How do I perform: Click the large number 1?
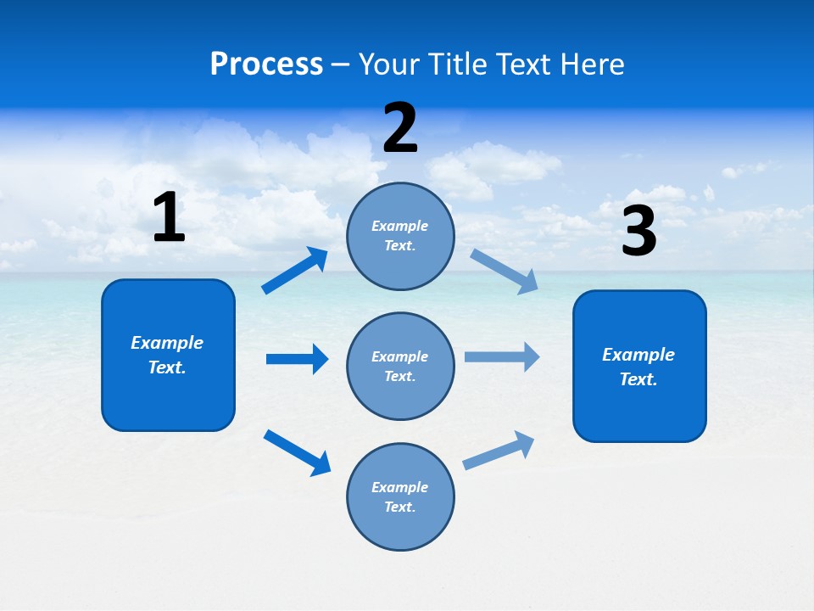pyautogui.click(x=169, y=218)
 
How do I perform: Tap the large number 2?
pyautogui.click(x=400, y=128)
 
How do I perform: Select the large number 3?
pyautogui.click(x=638, y=232)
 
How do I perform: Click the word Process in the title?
pyautogui.click(x=266, y=64)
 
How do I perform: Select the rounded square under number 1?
pyautogui.click(x=168, y=355)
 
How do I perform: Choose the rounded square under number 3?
pyautogui.click(x=639, y=366)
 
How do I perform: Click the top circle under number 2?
pyautogui.click(x=400, y=236)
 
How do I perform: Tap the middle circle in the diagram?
pyautogui.click(x=400, y=366)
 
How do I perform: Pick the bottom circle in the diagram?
pyautogui.click(x=400, y=496)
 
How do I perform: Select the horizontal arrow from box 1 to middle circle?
pyautogui.click(x=297, y=359)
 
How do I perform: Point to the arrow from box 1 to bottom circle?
pyautogui.click(x=297, y=452)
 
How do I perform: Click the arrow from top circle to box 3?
pyautogui.click(x=504, y=271)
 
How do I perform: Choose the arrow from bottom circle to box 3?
pyautogui.click(x=499, y=451)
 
